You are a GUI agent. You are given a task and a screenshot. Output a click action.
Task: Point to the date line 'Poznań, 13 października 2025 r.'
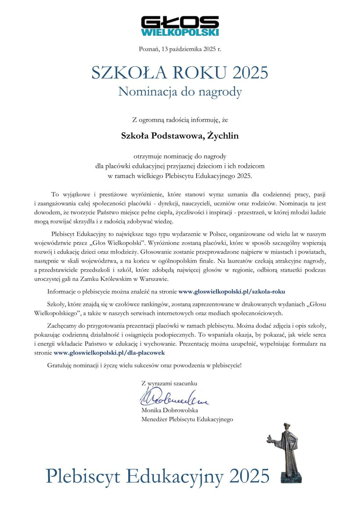point(180,49)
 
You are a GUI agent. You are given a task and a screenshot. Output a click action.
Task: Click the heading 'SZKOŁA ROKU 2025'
point(180,73)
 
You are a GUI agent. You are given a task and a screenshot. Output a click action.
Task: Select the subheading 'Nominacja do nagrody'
point(180,91)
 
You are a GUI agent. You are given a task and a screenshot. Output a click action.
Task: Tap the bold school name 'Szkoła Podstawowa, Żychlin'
point(180,136)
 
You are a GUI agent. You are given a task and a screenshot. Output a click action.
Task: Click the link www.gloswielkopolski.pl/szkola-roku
point(231,291)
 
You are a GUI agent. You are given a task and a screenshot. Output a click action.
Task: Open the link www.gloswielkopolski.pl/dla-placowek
point(109,353)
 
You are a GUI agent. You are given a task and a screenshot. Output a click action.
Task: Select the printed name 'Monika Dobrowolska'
point(170,410)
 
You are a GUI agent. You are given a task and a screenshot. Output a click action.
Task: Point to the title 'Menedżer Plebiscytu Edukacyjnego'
point(187,419)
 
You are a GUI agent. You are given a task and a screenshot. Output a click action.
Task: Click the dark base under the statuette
point(291,477)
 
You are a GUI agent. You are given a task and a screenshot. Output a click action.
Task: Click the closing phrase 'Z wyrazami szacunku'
point(169,383)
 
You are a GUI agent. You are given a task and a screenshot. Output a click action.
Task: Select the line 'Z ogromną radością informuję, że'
point(180,120)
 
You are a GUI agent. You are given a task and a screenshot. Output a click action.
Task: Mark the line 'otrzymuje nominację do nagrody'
point(180,156)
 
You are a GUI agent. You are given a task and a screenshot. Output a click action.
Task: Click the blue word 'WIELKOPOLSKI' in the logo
point(180,32)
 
